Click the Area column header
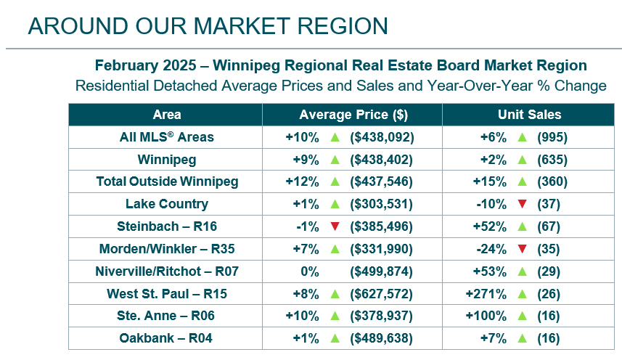pyautogui.click(x=167, y=115)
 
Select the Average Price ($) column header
pyautogui.click(x=353, y=115)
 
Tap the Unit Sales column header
pyautogui.click(x=529, y=115)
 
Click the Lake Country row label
pyautogui.click(x=167, y=204)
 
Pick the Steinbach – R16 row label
pyautogui.click(x=167, y=226)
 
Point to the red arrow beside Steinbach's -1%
pyautogui.click(x=335, y=226)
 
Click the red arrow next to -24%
pyautogui.click(x=521, y=249)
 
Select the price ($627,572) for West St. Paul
pyautogui.click(x=381, y=293)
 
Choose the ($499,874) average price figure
pyautogui.click(x=381, y=271)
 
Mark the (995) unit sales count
pyautogui.click(x=552, y=137)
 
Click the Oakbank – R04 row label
pyautogui.click(x=167, y=338)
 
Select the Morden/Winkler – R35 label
pyautogui.click(x=167, y=249)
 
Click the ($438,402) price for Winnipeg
pyautogui.click(x=381, y=160)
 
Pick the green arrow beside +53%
pyautogui.click(x=521, y=271)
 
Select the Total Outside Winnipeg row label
pyautogui.click(x=167, y=181)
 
